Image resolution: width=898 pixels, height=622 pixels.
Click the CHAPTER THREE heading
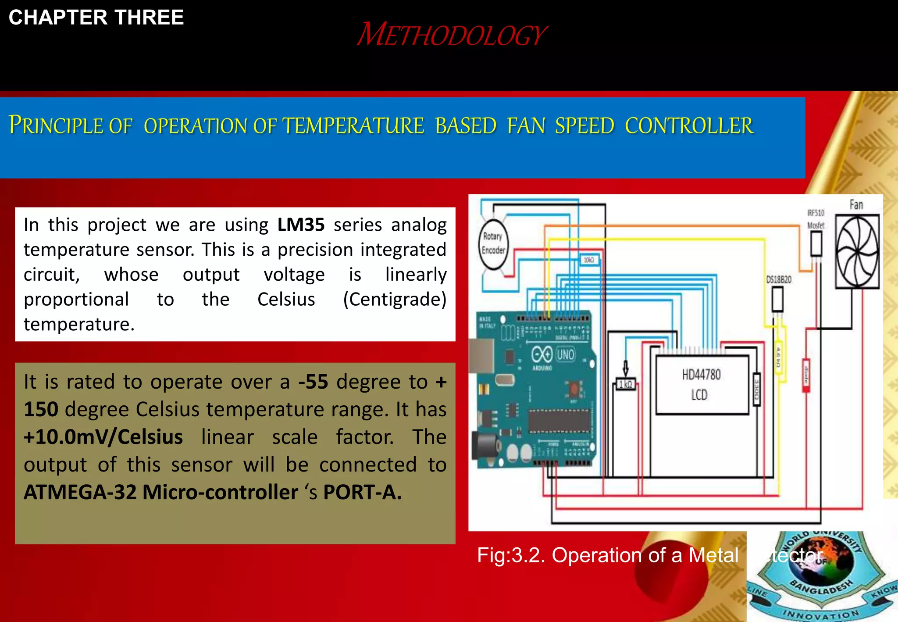(x=96, y=18)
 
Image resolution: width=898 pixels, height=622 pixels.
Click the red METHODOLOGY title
(x=452, y=35)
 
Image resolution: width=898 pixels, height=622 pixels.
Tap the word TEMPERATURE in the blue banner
(x=353, y=126)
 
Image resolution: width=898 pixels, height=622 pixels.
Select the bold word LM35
(x=301, y=225)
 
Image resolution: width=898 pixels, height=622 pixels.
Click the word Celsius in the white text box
(x=286, y=299)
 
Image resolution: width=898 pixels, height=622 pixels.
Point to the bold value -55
(x=313, y=382)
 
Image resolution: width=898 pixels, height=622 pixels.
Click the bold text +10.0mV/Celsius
(x=103, y=437)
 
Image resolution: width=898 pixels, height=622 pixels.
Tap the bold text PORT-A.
(x=362, y=492)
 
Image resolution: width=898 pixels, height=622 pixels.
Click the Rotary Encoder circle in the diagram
(x=493, y=243)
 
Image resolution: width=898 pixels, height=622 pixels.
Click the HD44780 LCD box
(x=702, y=385)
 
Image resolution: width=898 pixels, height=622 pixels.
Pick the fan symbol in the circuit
(x=857, y=251)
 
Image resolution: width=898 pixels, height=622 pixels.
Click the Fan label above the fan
(x=856, y=205)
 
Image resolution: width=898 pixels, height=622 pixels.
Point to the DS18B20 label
(x=778, y=279)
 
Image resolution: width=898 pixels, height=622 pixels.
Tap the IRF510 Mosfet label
(x=816, y=219)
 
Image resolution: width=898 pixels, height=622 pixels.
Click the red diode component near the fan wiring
(x=806, y=375)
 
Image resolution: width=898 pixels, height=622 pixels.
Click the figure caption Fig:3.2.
(x=511, y=555)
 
